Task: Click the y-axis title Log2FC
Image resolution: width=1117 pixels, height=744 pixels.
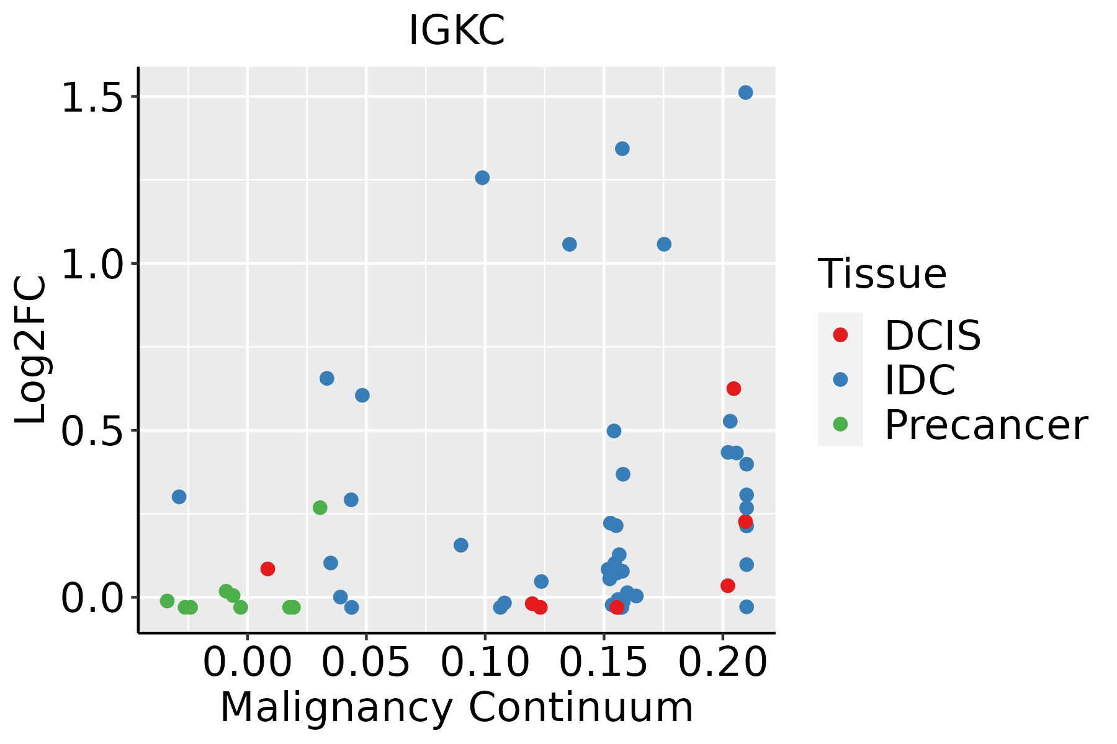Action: (31, 350)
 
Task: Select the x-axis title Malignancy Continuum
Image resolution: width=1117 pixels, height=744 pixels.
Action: (457, 708)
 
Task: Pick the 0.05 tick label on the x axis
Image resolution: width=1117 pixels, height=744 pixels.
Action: (366, 663)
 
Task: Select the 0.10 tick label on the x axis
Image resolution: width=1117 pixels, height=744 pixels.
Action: (485, 663)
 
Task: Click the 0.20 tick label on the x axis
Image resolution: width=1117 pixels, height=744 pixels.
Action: (722, 663)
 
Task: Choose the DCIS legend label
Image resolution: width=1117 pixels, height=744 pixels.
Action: (933, 335)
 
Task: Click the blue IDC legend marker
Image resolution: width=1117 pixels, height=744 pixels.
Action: (840, 379)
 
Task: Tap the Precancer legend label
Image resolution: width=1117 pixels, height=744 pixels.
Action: (985, 425)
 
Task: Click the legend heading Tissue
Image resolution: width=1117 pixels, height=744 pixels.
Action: (882, 273)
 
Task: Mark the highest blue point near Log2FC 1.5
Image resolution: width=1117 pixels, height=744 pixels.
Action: (745, 92)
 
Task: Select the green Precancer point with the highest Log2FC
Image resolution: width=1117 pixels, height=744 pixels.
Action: (320, 508)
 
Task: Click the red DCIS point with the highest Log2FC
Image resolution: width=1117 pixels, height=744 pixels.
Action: (733, 389)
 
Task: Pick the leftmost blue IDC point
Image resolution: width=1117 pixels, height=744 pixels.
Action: (179, 497)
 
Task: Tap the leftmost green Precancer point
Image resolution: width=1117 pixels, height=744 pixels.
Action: (167, 601)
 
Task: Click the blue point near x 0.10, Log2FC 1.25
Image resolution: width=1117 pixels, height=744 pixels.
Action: (482, 178)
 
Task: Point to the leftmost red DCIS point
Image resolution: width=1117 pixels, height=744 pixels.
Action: (267, 569)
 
